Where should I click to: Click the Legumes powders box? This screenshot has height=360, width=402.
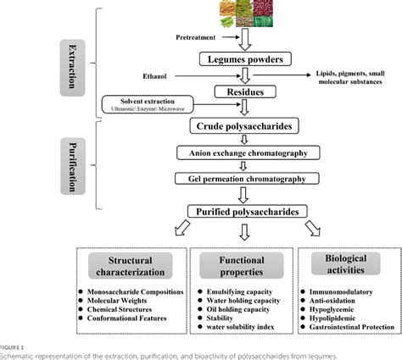click(247, 59)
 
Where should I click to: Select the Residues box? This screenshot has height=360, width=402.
click(247, 91)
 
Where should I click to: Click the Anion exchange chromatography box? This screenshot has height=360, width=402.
click(247, 153)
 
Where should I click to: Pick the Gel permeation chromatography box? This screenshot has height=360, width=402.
click(247, 179)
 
